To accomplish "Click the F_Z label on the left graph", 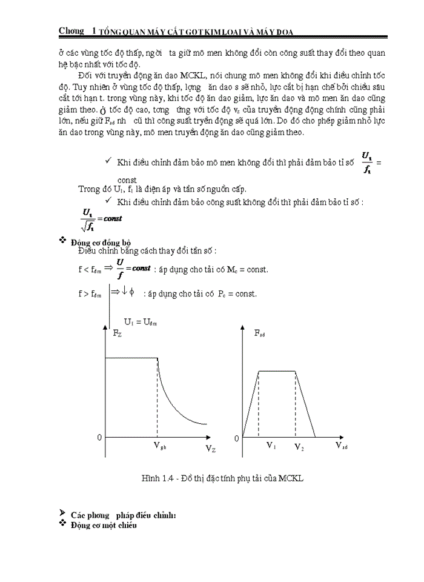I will click(x=118, y=333).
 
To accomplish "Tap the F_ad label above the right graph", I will click(x=259, y=333).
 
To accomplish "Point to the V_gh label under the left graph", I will click(x=160, y=446).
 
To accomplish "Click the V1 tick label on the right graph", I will click(x=271, y=445).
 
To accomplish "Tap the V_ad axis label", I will click(x=342, y=445).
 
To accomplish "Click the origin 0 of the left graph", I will click(x=99, y=437).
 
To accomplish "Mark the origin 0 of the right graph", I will click(x=237, y=438).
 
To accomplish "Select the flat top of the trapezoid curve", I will click(x=277, y=370).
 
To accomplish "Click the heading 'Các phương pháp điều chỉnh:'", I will click(x=122, y=515).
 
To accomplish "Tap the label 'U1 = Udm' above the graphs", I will click(x=141, y=322).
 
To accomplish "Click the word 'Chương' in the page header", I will click(x=71, y=31).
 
